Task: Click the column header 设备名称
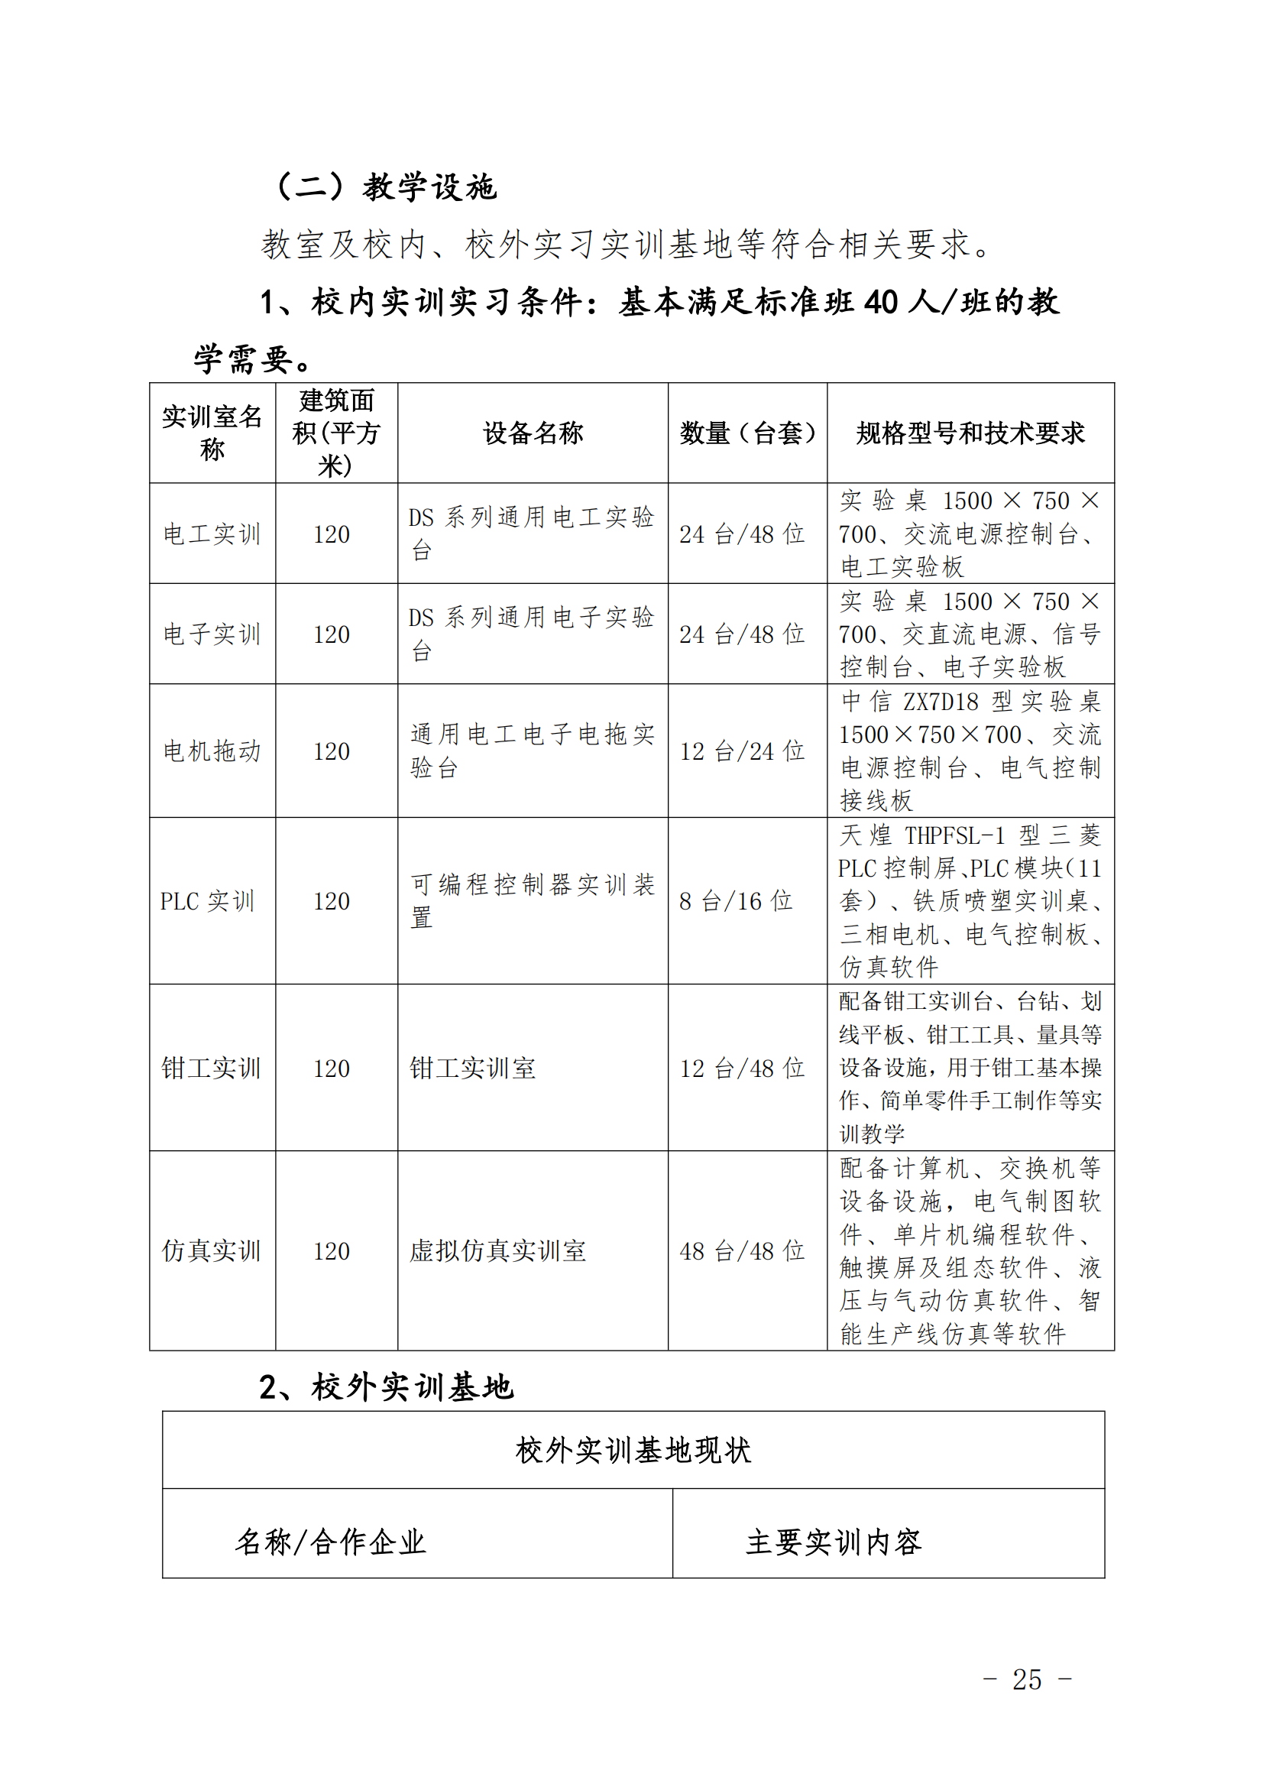(x=533, y=433)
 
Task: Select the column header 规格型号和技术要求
(x=970, y=433)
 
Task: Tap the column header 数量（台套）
(x=746, y=433)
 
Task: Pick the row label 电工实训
(x=212, y=534)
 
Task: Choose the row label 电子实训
(x=212, y=634)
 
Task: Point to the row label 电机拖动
(x=212, y=751)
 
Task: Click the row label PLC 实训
(x=207, y=901)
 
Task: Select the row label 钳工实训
(x=211, y=1068)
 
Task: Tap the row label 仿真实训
(x=211, y=1250)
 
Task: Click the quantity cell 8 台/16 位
(x=735, y=901)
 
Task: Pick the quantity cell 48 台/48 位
(x=742, y=1250)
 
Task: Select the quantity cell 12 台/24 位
(x=742, y=751)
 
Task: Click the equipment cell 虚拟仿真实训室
(x=498, y=1250)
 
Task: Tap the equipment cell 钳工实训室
(x=472, y=1068)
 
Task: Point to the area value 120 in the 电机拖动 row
(x=332, y=751)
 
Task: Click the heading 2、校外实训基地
(x=386, y=1387)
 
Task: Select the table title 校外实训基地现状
(x=633, y=1450)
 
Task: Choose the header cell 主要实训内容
(x=833, y=1541)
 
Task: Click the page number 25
(x=1026, y=1679)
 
